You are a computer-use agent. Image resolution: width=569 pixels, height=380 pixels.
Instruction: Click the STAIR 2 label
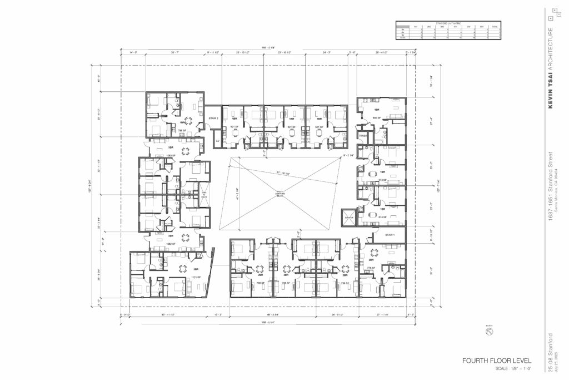pyautogui.click(x=213, y=119)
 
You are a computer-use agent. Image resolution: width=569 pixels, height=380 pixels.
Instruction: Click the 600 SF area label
pyautogui.click(x=376, y=118)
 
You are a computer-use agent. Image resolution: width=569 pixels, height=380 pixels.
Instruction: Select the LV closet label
pyautogui.click(x=218, y=141)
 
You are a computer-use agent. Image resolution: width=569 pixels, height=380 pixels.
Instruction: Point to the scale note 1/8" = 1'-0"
pyautogui.click(x=513, y=369)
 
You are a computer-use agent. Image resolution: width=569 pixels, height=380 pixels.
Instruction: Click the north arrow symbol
pyautogui.click(x=490, y=332)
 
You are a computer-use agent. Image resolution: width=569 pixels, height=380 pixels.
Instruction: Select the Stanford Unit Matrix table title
pyautogui.click(x=448, y=22)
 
